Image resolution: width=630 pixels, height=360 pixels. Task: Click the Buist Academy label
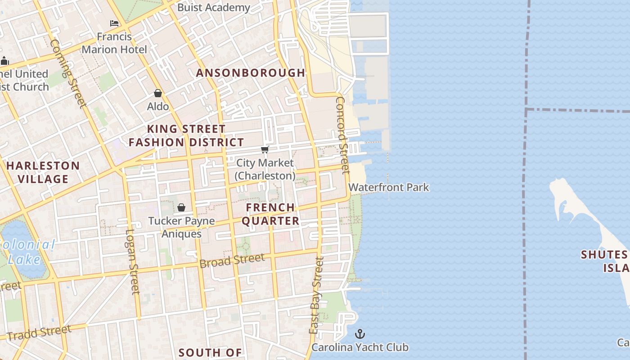coord(213,7)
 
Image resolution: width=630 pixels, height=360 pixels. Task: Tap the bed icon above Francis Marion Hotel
coord(114,23)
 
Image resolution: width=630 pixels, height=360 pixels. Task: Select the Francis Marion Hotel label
coord(114,43)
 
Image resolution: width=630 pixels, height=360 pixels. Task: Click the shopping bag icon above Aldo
coord(158,93)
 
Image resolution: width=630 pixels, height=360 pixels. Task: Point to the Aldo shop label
coord(158,106)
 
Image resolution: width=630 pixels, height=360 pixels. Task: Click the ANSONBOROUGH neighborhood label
coord(251,72)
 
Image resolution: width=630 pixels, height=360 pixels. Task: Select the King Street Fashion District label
coord(186,135)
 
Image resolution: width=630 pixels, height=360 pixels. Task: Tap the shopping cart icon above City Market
coord(265,149)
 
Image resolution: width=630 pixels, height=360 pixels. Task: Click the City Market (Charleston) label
coord(265,169)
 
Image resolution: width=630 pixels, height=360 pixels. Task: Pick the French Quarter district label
coord(273,214)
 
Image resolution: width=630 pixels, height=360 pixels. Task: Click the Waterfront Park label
coord(389,187)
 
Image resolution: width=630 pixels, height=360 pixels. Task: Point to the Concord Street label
coord(342,135)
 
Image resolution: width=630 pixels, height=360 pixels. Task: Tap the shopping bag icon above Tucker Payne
coord(181,207)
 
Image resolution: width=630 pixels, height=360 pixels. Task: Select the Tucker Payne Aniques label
coord(181,227)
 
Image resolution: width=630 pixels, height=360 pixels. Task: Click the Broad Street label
coord(232,260)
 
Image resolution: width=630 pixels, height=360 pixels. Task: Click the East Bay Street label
coord(316,295)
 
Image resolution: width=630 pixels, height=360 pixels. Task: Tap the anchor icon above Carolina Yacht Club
coord(360,334)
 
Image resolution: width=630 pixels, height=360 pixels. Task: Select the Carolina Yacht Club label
coord(360,347)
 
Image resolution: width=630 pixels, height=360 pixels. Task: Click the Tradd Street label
coord(39,333)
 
